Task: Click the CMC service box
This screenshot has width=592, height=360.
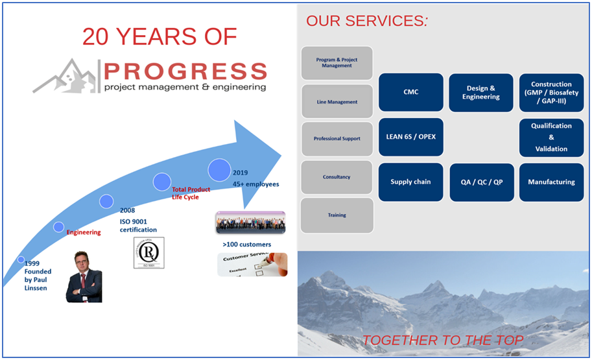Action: (x=410, y=92)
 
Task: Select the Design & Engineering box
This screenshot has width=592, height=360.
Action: (x=481, y=92)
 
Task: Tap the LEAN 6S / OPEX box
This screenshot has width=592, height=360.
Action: (x=410, y=137)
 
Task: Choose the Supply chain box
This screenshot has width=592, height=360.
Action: (x=410, y=182)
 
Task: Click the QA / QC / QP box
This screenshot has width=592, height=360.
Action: (x=481, y=182)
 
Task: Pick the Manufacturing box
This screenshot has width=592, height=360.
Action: (x=551, y=182)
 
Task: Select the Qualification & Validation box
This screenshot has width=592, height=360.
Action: (x=551, y=137)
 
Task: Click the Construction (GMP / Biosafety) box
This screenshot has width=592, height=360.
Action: (x=551, y=92)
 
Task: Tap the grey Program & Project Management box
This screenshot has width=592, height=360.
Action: (x=337, y=63)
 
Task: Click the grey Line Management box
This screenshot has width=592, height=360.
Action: (x=337, y=101)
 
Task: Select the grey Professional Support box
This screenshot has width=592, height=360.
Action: (x=337, y=139)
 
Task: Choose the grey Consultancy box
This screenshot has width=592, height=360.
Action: (x=337, y=177)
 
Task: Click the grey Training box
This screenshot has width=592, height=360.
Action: (x=337, y=215)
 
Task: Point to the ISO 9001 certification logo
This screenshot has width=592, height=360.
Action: (x=148, y=252)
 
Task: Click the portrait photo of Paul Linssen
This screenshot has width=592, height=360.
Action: (x=84, y=276)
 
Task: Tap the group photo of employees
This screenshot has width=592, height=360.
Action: (x=250, y=222)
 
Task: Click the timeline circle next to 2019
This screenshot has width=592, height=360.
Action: (x=219, y=170)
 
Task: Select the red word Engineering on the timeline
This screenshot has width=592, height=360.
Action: (x=84, y=232)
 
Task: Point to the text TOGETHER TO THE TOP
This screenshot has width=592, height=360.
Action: (x=443, y=340)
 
